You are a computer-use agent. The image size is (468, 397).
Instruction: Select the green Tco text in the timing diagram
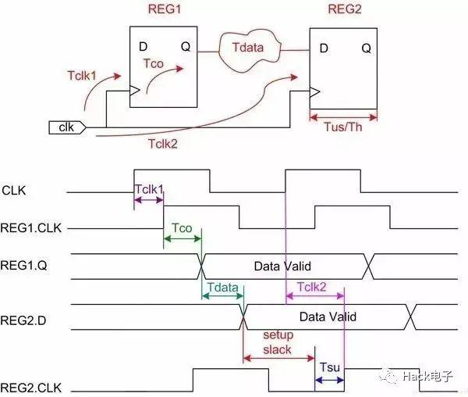(x=182, y=227)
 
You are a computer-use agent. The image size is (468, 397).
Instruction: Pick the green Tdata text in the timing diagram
(x=222, y=287)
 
